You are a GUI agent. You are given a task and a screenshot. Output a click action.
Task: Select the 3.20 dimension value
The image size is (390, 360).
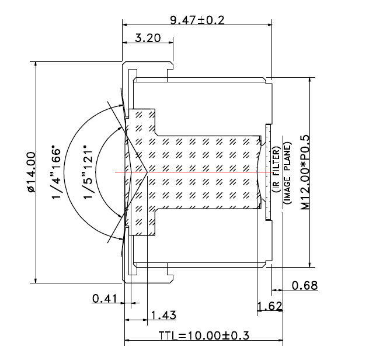point(147,39)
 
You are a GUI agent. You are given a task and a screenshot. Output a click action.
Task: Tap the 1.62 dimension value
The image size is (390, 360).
point(270,306)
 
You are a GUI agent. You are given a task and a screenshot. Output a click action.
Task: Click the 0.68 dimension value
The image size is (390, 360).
point(304,285)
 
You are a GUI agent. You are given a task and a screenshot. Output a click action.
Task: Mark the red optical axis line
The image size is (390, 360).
point(193,173)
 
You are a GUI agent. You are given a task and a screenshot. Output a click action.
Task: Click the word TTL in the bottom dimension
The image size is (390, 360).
point(168,336)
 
